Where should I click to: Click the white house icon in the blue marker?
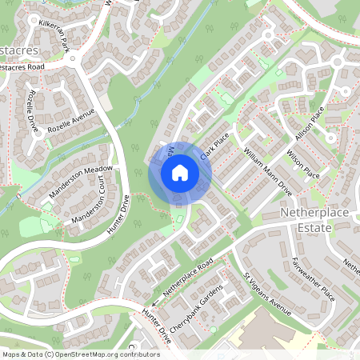coord(180,172)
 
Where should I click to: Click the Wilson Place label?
coord(303,165)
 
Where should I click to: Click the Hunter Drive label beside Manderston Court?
coord(118,214)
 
